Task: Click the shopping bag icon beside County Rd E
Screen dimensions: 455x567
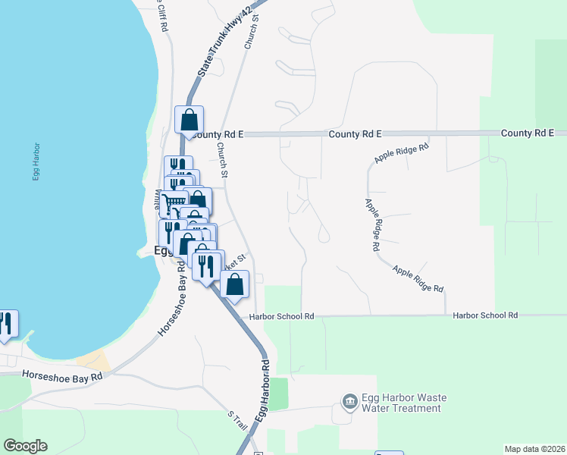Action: coord(189,120)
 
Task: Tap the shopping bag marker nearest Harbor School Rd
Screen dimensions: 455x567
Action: coord(236,285)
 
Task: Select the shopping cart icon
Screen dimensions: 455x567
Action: coord(174,202)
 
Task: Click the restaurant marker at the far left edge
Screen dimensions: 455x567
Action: coord(6,323)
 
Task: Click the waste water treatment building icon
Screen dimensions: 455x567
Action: coord(349,401)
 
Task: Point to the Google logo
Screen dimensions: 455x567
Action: coord(25,446)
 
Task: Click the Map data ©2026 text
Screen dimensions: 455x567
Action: coord(534,448)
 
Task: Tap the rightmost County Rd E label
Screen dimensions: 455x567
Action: coord(528,133)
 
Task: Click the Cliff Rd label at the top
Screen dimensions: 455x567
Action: coord(161,14)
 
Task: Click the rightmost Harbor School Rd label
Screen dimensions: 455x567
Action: coord(485,315)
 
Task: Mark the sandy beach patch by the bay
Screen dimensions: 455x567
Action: coord(93,360)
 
